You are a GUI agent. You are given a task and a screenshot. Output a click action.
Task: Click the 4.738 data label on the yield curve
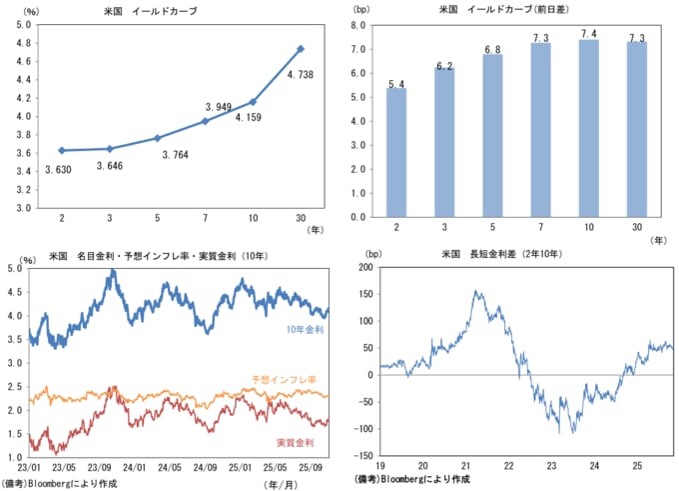coord(302,74)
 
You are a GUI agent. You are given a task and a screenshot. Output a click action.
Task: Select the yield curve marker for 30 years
coord(301,48)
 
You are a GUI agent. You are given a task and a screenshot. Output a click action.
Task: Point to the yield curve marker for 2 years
coord(62,150)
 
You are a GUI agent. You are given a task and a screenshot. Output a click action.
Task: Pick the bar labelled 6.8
coord(492,135)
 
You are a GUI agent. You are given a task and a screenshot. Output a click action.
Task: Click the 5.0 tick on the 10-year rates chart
coord(15,269)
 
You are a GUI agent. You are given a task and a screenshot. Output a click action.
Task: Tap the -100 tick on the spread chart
coord(363,429)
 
